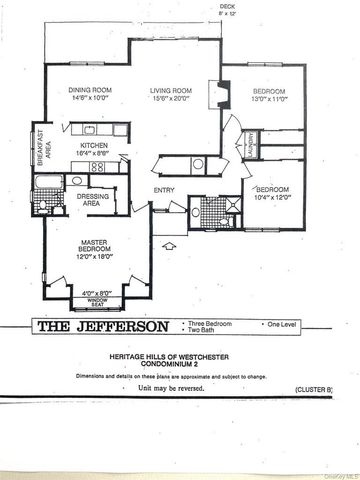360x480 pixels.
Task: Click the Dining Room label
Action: (x=89, y=88)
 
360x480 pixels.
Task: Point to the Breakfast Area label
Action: (x=40, y=149)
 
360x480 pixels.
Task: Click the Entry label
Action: (x=164, y=190)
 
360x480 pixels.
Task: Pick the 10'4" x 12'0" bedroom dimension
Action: (x=271, y=197)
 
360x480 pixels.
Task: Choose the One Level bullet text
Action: (x=282, y=325)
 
